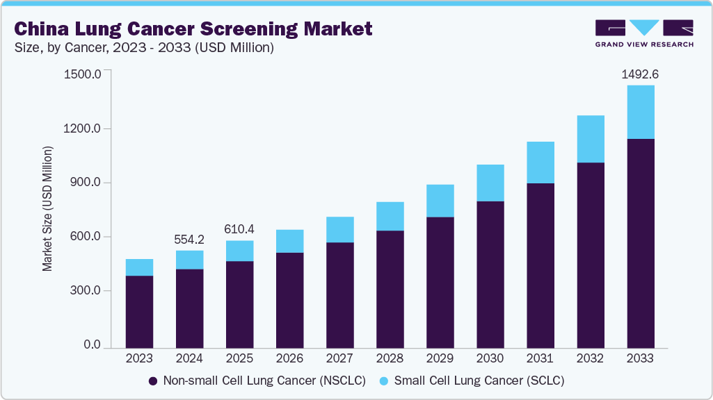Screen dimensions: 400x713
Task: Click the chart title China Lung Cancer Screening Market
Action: point(193,28)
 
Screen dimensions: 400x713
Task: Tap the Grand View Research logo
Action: point(643,33)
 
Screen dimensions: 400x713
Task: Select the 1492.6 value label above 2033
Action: point(640,74)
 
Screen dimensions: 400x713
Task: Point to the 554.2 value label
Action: point(190,239)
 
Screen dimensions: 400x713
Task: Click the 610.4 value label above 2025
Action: point(240,229)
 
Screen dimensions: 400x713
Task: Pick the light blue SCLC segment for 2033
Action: point(640,112)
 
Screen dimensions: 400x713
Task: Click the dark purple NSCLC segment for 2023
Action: point(139,311)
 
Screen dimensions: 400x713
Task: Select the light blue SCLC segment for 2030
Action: point(490,183)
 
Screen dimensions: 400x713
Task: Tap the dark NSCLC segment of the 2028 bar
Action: point(390,288)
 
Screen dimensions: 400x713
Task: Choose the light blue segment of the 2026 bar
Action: point(289,241)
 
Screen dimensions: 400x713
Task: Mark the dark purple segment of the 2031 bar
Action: point(540,265)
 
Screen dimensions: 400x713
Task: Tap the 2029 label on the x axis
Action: point(440,359)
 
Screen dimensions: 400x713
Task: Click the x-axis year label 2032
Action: point(590,359)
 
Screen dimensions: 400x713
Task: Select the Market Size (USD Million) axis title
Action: point(48,208)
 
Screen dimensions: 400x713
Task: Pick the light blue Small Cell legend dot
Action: point(385,381)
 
